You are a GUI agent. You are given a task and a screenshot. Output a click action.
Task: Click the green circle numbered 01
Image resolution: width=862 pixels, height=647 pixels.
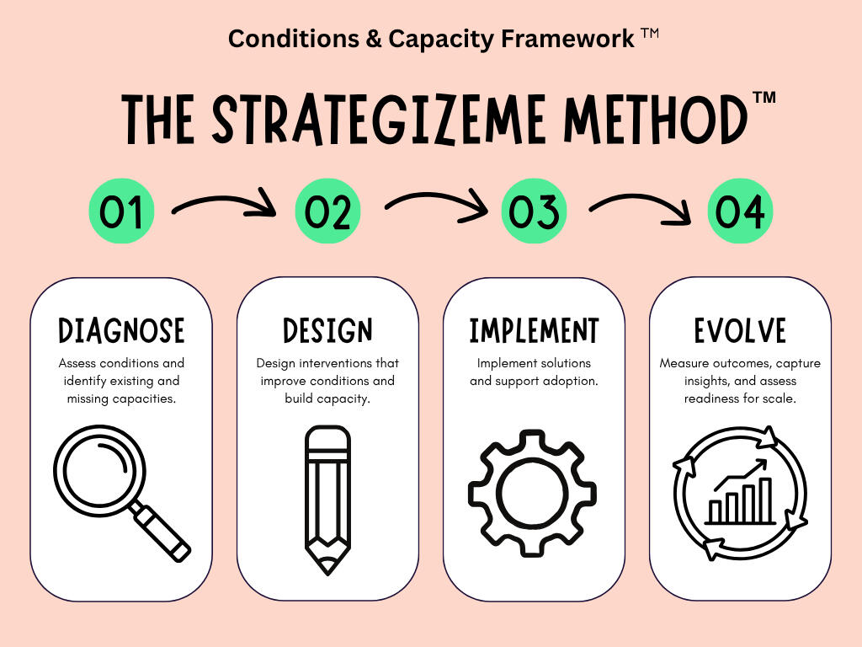click(121, 211)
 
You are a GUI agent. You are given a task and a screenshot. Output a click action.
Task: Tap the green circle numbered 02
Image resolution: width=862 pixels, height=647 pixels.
click(327, 211)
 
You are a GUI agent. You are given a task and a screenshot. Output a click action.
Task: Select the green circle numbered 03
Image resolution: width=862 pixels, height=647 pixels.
click(534, 211)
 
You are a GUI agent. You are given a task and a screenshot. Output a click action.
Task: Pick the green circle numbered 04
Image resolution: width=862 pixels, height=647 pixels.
click(740, 211)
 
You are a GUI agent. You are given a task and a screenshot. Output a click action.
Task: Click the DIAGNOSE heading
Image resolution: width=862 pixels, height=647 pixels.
click(121, 330)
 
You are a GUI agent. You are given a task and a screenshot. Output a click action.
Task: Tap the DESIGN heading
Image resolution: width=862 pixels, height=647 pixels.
click(327, 330)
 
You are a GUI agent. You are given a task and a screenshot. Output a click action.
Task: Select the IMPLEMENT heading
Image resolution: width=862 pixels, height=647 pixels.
click(534, 330)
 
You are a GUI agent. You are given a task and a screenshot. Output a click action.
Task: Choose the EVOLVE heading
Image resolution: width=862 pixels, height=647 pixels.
click(740, 330)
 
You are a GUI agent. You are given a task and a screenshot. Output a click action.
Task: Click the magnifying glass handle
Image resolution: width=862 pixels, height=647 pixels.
click(162, 532)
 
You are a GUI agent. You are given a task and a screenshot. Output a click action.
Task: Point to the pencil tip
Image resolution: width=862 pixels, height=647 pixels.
click(327, 565)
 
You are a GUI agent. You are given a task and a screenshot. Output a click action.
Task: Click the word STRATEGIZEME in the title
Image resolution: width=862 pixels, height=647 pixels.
click(379, 120)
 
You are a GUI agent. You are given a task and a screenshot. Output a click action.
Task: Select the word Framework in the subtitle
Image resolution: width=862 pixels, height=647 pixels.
click(568, 39)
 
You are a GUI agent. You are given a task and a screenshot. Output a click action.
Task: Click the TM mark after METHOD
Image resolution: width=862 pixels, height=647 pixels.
click(764, 98)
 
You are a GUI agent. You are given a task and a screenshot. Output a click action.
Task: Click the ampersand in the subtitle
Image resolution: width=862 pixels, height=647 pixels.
click(374, 39)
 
